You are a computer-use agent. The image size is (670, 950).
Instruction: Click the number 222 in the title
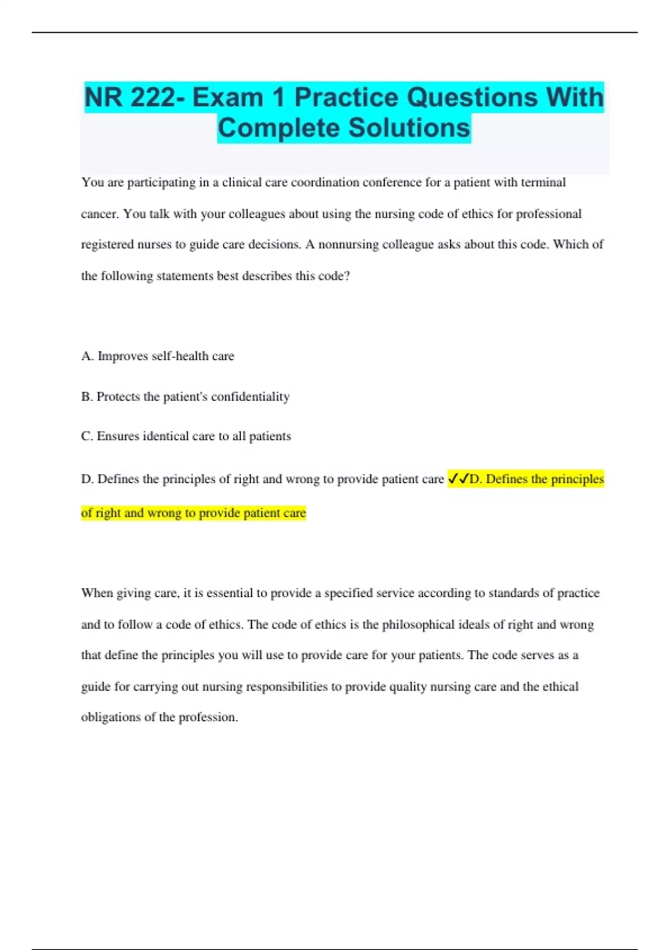pos(152,97)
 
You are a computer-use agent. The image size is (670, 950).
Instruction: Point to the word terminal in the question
pos(543,182)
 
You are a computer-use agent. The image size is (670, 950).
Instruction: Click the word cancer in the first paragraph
pos(99,214)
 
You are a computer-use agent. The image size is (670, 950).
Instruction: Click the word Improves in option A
pos(122,356)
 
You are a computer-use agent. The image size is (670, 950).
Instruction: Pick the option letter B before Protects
pos(86,397)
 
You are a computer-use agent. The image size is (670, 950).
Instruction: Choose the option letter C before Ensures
pos(86,436)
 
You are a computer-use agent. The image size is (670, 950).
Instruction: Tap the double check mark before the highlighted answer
pos(458,479)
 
